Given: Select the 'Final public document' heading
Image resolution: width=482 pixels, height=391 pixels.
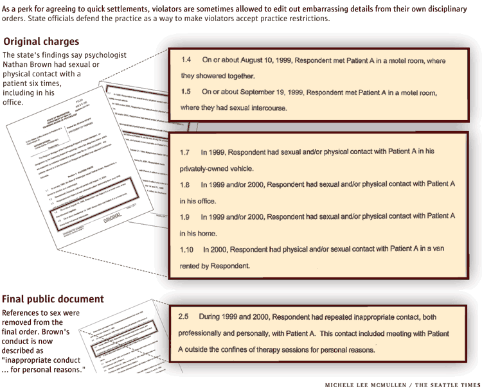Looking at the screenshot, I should pyautogui.click(x=53, y=299).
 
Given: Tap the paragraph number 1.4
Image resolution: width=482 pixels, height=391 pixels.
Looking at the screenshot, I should pyautogui.click(x=186, y=60).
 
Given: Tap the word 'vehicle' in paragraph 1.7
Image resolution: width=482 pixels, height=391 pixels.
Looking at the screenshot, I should pyautogui.click(x=241, y=168).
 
